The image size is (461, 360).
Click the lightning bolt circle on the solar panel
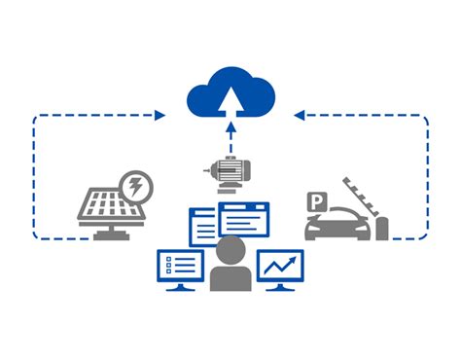[135, 184]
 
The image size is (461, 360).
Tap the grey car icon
[337, 224]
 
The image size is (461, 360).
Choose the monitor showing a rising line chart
[281, 266]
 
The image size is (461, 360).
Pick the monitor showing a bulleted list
[181, 265]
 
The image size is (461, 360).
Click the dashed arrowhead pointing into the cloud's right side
[301, 115]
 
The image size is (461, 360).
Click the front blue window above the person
[243, 218]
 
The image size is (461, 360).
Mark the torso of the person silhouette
[231, 276]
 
